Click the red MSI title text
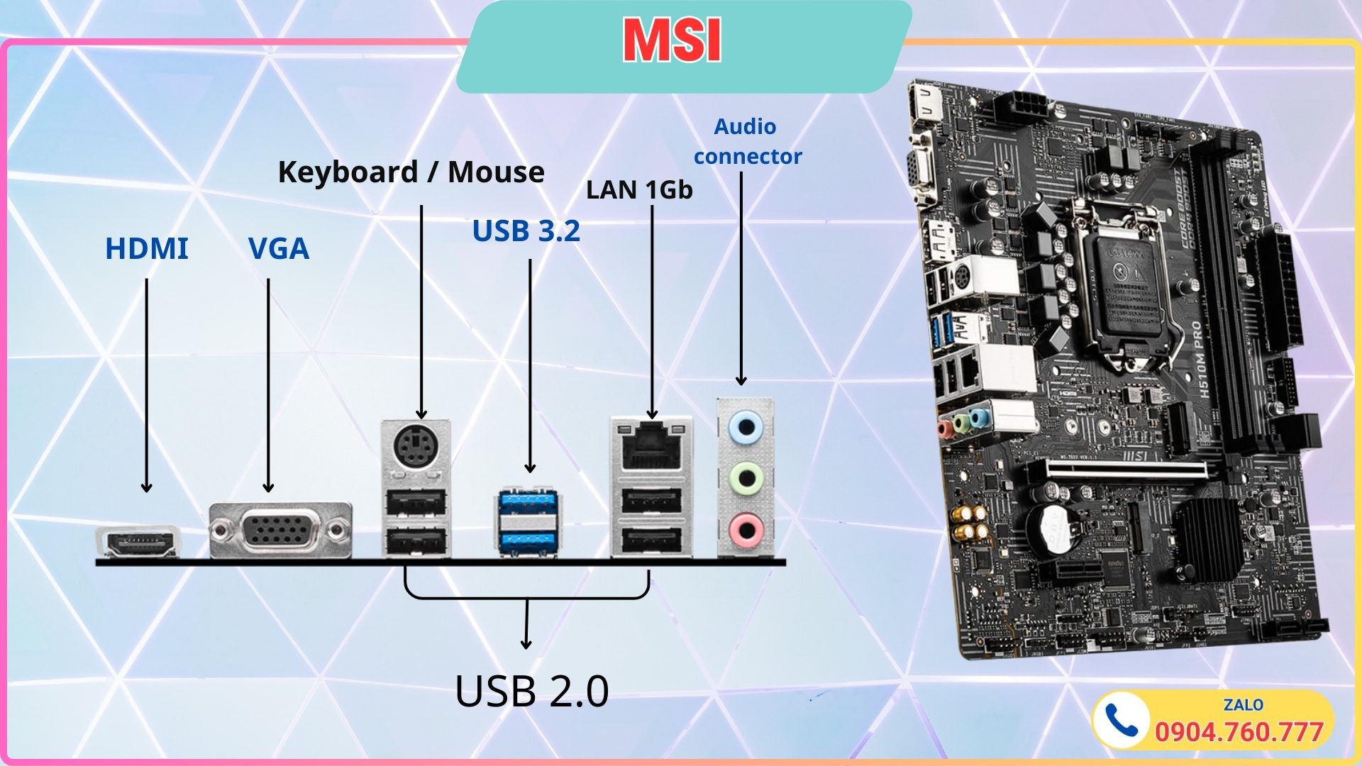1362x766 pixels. tap(672, 41)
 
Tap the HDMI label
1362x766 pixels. tap(147, 249)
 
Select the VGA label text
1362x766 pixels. tap(279, 249)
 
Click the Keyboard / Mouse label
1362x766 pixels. tap(411, 172)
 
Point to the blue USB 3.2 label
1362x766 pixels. tap(526, 231)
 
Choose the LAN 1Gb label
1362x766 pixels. tap(639, 190)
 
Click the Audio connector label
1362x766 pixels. tap(747, 141)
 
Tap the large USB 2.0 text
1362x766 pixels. tap(531, 691)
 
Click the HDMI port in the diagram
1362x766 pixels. tap(138, 543)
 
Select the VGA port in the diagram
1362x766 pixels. tap(280, 531)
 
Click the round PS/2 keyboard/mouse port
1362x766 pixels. tap(416, 447)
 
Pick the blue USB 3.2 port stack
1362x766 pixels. tap(526, 522)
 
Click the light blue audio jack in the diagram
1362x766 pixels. tap(746, 428)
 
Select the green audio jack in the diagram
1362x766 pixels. tap(746, 478)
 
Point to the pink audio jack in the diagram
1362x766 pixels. tap(746, 528)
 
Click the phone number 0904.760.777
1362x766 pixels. tap(1239, 732)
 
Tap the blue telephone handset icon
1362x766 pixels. tap(1121, 721)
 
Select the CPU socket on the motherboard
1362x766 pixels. tap(1128, 284)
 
